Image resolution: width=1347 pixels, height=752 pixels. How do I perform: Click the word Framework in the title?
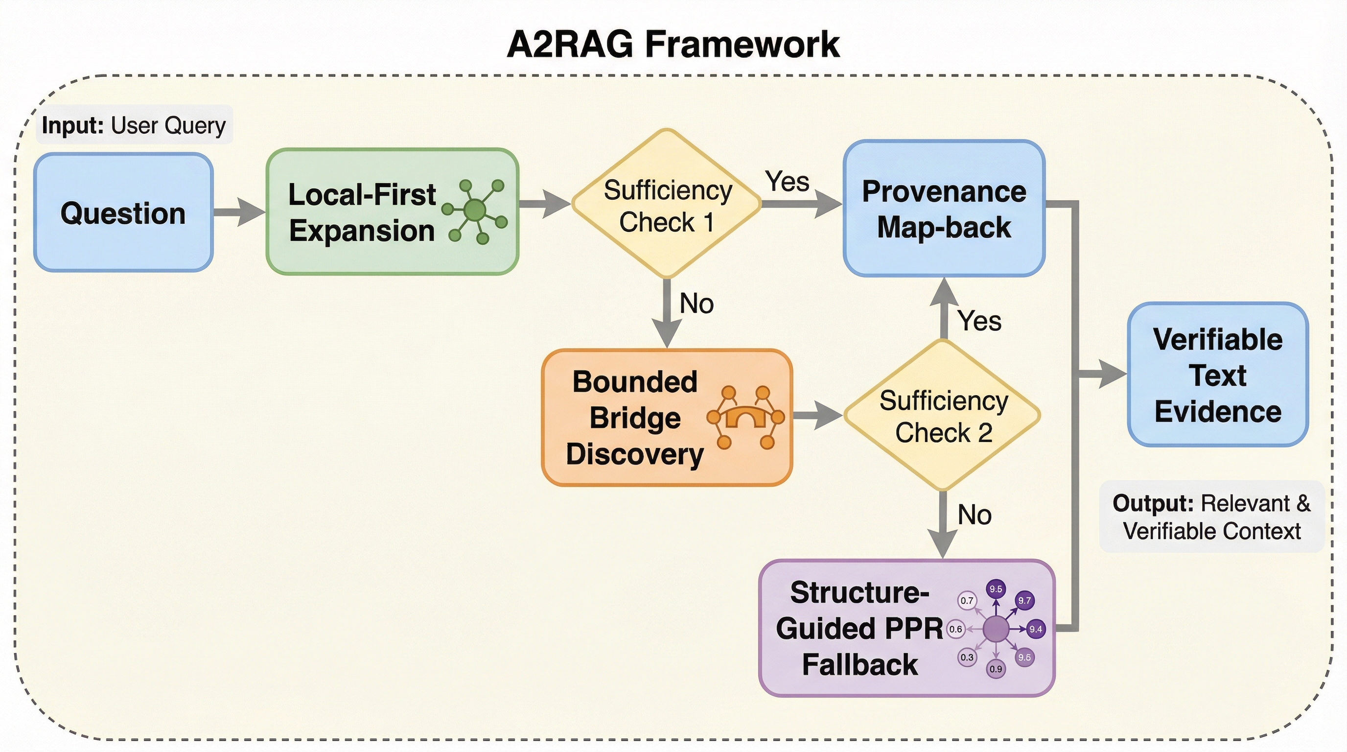coord(742,45)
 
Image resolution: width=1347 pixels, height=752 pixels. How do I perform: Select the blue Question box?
coord(123,212)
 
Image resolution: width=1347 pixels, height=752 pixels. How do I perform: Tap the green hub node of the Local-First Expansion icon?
coord(475,210)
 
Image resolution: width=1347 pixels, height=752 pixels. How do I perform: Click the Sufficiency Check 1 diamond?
coord(667,204)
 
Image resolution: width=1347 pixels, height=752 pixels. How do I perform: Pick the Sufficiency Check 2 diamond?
coord(943,415)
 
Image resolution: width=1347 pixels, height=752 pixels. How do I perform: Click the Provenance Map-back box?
coord(944,208)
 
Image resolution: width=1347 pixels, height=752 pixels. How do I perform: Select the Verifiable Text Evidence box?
coord(1218,375)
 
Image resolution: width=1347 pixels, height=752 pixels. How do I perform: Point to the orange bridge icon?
coord(745,417)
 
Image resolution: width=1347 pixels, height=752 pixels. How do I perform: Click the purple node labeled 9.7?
coord(1024,600)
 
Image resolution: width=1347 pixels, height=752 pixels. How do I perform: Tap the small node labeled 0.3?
coord(967,657)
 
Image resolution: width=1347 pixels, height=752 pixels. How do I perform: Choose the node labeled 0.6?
coord(956,629)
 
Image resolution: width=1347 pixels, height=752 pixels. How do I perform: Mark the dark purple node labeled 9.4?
coord(1036,629)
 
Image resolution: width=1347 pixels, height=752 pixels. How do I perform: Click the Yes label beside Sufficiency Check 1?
coord(787,182)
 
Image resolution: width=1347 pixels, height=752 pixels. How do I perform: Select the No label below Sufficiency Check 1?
coord(697,304)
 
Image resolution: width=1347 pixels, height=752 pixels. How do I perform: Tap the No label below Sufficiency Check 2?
coord(975,515)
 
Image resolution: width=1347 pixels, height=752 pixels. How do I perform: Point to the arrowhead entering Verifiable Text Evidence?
coord(1113,374)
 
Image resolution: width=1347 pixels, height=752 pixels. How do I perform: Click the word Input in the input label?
coord(72,125)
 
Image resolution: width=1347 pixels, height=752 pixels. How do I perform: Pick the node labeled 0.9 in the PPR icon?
coord(996,669)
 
